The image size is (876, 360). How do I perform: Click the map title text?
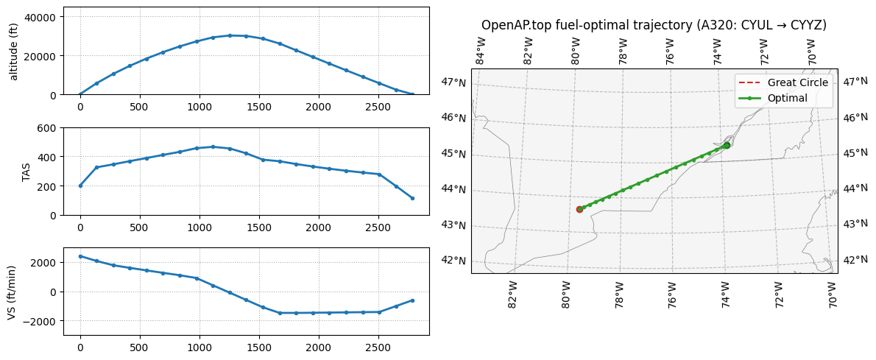click(654, 25)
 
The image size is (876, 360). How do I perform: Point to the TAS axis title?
click(26, 172)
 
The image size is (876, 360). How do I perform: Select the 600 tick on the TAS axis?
click(49, 128)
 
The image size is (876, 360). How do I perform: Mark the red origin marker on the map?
click(579, 209)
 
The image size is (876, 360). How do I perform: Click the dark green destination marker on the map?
click(727, 145)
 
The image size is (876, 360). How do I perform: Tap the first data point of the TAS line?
click(80, 186)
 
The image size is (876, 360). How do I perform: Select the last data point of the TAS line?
click(412, 198)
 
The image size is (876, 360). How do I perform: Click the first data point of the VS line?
click(80, 256)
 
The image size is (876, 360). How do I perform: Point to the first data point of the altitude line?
click(80, 94)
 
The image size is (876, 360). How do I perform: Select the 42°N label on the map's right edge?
click(855, 259)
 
